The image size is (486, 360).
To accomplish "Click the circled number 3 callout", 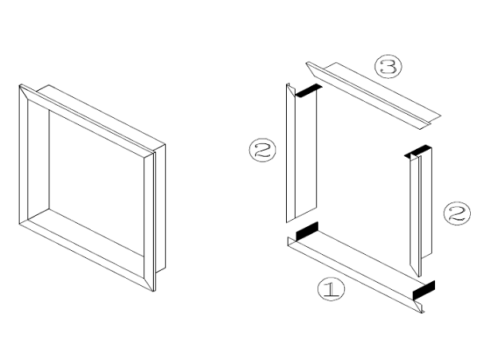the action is coord(388,67).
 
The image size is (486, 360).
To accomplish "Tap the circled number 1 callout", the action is coord(331,289).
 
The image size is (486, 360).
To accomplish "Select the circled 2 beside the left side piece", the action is coord(263,150).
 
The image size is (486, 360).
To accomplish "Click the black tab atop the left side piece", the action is coord(308,90).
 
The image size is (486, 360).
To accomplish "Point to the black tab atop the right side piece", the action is coord(417,151).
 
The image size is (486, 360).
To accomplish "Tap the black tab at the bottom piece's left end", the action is coord(308,232).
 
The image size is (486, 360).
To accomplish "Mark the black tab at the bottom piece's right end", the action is coord(424,290).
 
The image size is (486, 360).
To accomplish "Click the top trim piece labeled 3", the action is coord(373,95).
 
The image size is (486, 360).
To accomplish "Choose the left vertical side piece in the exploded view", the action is coord(301,155).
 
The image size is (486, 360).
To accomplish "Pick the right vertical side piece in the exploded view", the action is coord(418,211).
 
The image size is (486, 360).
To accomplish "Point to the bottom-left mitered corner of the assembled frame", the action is coord(24,221).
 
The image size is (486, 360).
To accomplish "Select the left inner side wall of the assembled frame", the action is coord(38,159).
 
